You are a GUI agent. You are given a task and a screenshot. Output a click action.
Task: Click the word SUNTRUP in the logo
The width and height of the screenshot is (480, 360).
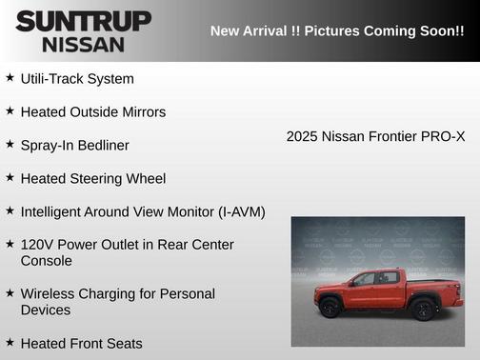pos(84,21)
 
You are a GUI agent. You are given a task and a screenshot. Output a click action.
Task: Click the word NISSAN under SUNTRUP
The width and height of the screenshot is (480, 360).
pos(84,44)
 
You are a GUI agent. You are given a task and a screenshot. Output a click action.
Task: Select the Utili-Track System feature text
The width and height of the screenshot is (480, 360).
pos(77,79)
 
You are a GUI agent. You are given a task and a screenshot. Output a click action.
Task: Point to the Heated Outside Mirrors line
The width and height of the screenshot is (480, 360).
pos(93,112)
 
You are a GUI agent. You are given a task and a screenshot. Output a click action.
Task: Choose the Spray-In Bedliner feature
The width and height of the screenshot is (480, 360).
pos(74,146)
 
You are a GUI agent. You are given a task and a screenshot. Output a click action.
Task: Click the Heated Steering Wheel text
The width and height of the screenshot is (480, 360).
pos(93,179)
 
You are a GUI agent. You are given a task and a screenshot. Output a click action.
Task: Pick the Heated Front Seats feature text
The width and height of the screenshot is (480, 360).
pos(81,344)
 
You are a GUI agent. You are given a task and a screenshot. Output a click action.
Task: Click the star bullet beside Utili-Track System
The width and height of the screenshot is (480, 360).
pos(10,78)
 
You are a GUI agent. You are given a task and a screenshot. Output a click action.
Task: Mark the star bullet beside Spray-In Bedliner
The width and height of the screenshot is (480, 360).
pos(10,145)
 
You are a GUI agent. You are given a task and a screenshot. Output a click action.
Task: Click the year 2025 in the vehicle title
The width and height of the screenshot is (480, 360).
pos(302,137)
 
